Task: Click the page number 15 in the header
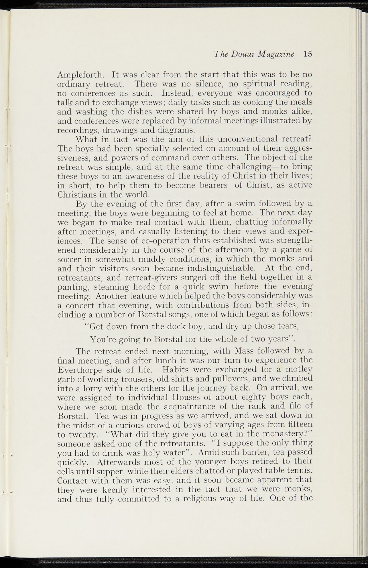308,54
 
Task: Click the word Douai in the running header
243,54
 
